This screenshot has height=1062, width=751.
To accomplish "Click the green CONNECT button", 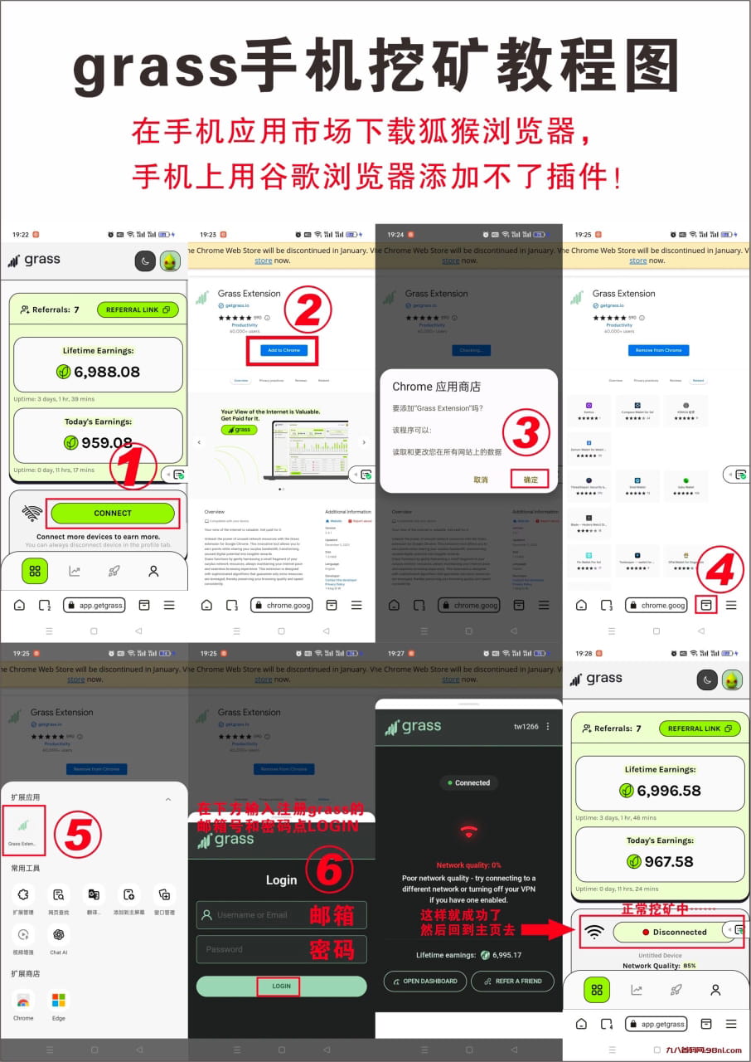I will (113, 514).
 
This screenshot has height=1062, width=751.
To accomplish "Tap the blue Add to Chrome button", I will (283, 350).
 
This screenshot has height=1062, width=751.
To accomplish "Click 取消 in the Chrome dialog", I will (481, 480).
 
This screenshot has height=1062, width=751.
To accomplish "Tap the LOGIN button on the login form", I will (281, 986).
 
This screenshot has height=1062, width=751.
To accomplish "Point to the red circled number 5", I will (77, 834).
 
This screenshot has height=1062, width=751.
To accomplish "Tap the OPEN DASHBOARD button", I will (424, 981).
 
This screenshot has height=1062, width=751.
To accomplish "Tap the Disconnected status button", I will (672, 932).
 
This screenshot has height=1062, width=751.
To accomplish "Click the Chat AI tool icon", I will (58, 935).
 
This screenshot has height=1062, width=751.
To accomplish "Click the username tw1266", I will (526, 727).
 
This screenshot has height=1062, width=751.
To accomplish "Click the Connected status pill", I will (468, 782).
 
